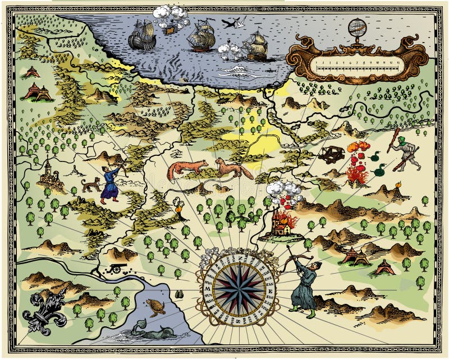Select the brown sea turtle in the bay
tap(155, 307)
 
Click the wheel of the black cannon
tap(116, 270)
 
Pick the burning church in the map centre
tap(280, 224)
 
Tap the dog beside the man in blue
tap(91, 184)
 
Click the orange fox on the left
tap(186, 169)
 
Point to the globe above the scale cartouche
tap(356, 27)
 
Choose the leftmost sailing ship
tap(141, 36)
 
